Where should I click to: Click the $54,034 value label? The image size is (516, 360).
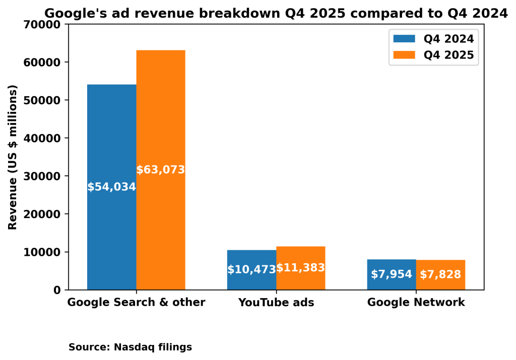point(111,187)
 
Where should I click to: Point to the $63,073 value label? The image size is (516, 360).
point(161,170)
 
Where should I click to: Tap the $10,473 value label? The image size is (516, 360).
point(251,270)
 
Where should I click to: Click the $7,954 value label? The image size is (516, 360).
point(392,275)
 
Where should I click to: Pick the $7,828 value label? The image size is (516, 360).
point(440,275)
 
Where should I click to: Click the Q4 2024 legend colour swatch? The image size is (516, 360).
point(404,39)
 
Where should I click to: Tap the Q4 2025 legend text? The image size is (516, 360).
point(448,55)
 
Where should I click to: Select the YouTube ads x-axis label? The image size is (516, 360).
point(276,303)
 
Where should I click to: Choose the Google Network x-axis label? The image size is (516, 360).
point(416,303)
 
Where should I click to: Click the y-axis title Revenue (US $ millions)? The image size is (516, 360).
point(13,157)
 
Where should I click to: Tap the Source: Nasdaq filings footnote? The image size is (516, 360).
point(130,347)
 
